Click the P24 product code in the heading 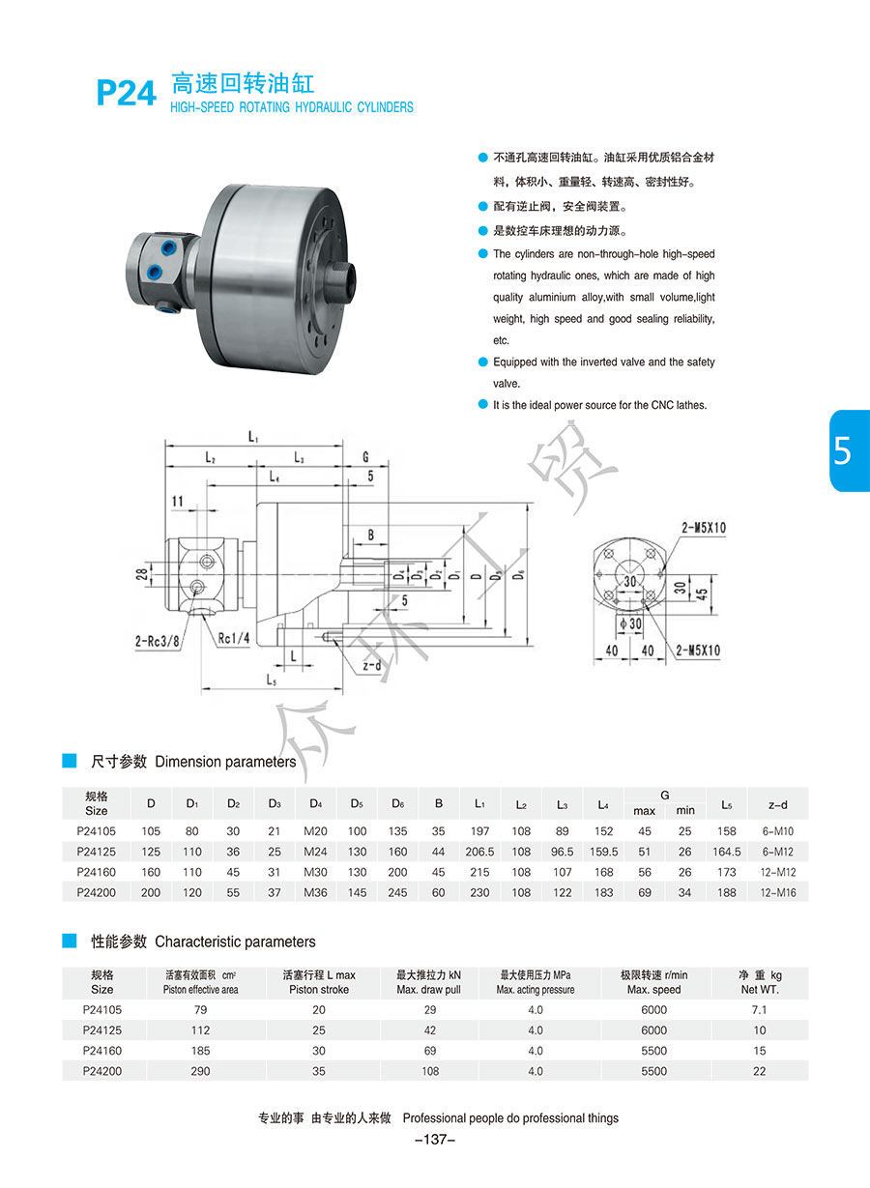126,93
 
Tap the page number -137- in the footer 434,1140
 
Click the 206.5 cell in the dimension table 479,852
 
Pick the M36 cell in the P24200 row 316,892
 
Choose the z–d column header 777,804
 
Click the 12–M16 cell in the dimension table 777,892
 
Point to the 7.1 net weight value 760,1009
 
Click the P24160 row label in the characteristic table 101,1051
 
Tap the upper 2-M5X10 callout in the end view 704,528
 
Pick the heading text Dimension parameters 225,762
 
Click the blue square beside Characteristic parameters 69,941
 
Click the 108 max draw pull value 430,1071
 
